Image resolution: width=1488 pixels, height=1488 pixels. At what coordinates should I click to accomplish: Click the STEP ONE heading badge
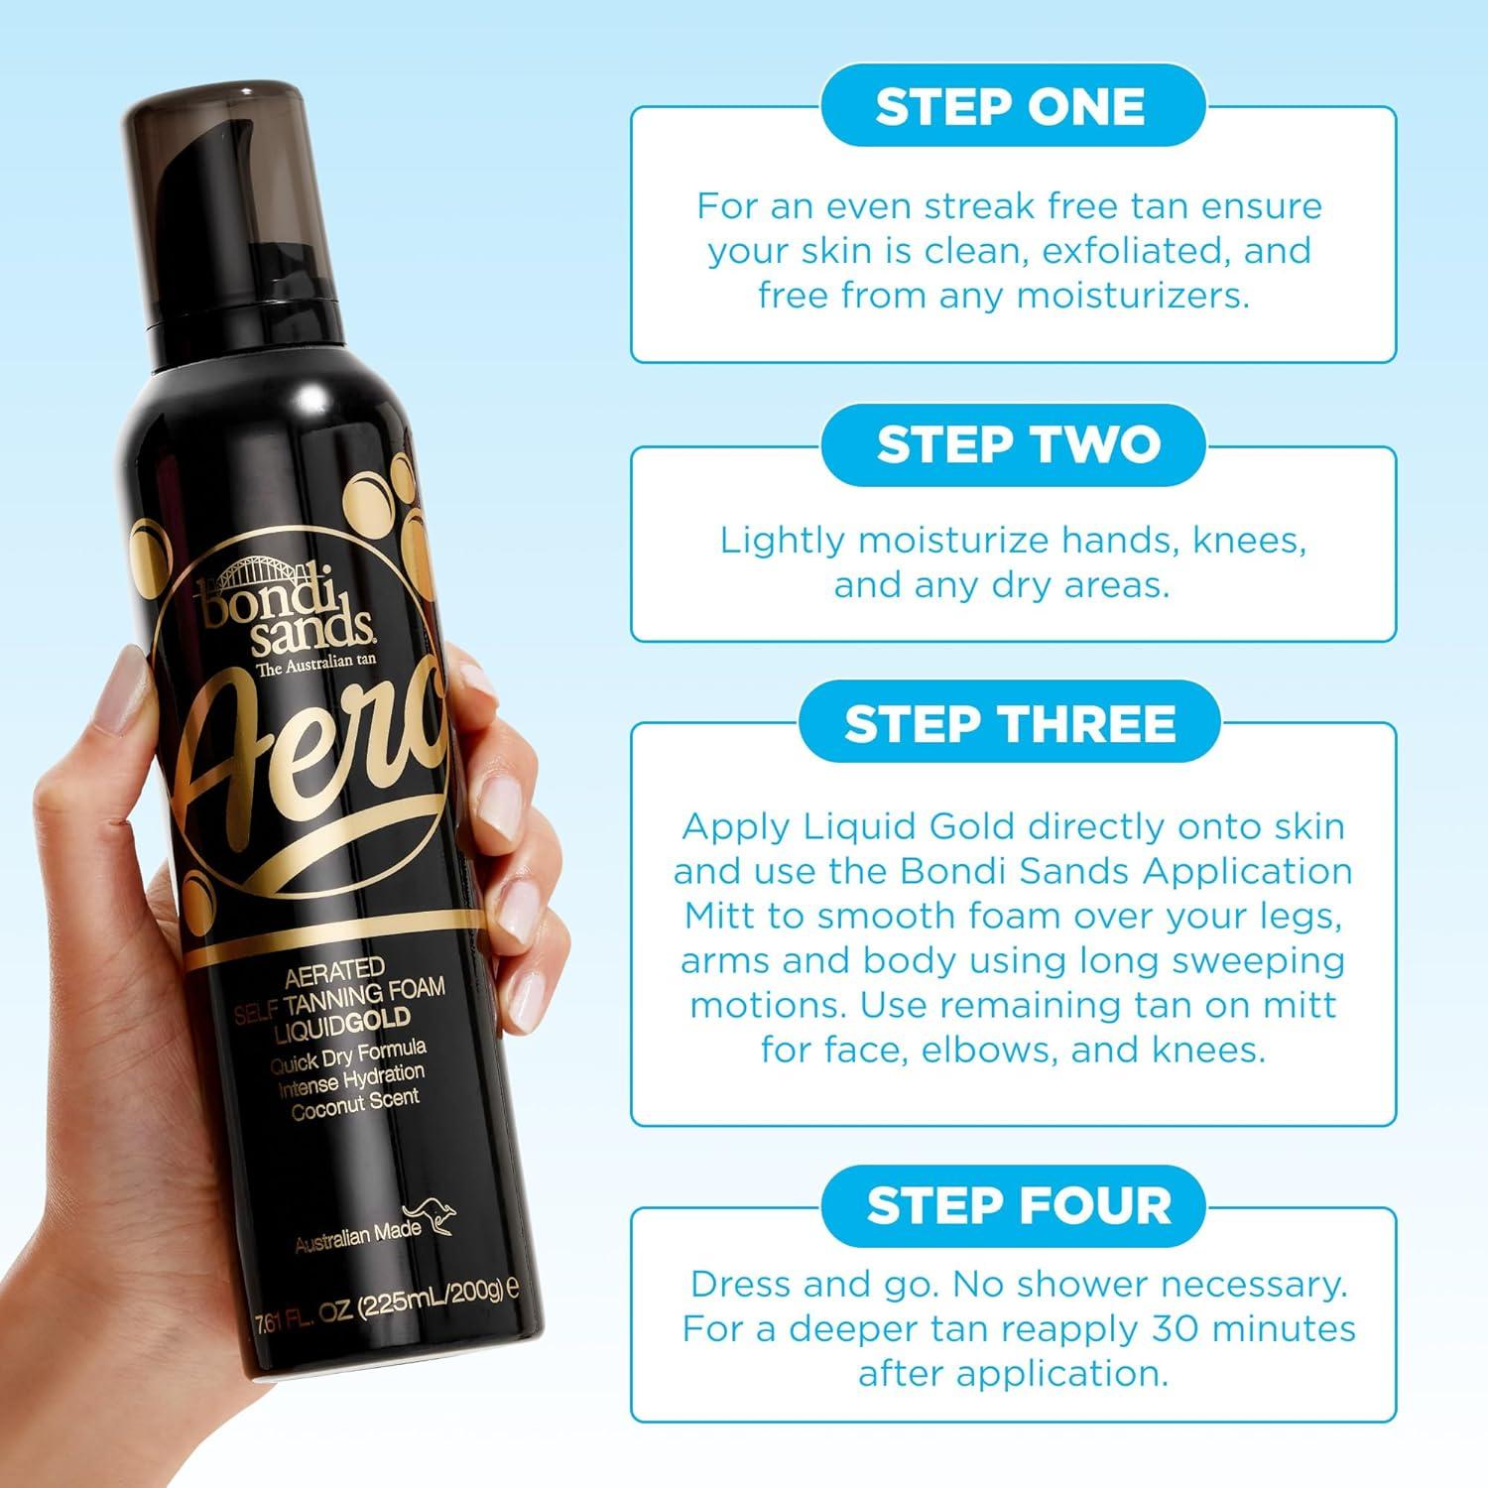1012,107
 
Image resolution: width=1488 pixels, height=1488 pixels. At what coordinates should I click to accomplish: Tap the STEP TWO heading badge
1018,444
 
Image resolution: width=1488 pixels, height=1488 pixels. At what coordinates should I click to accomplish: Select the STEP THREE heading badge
1010,724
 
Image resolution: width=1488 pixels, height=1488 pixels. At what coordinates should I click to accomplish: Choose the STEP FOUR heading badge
1018,1205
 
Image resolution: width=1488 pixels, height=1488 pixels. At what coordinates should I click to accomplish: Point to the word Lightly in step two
783,541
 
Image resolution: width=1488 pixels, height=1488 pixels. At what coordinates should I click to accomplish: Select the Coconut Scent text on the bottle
355,1104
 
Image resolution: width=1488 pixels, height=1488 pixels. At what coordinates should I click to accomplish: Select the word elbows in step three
984,1050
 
